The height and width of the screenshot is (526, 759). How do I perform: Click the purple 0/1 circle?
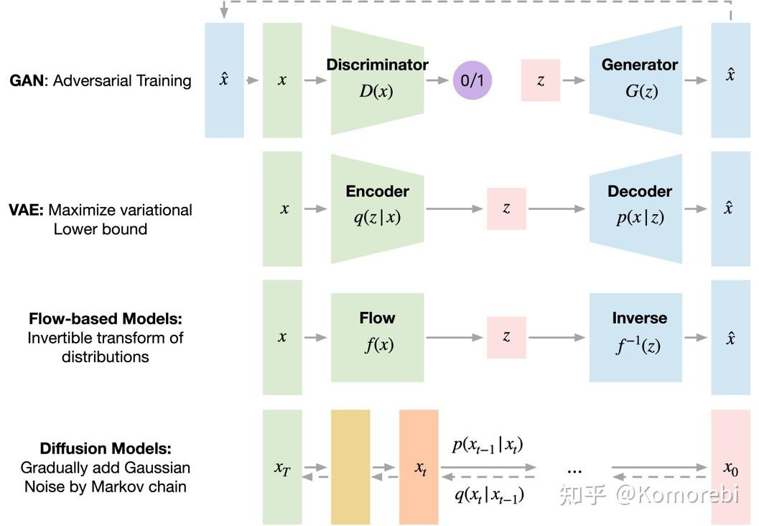pos(472,80)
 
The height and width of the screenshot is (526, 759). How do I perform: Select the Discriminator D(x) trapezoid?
pos(378,80)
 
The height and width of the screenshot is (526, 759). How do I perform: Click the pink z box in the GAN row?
pos(540,80)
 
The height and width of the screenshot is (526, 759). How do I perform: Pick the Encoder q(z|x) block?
pos(378,207)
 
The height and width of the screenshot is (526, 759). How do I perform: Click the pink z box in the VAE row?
pos(506,208)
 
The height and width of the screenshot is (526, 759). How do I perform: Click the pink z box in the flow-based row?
pos(506,336)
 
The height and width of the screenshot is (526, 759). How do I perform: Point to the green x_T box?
pos(282,467)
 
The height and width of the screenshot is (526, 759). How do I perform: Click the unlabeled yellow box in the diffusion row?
pos(350,467)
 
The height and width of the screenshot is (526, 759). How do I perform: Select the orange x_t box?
pos(419,467)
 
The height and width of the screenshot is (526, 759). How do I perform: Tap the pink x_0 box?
pos(730,467)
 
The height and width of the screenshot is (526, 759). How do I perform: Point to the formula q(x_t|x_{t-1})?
pos(488,494)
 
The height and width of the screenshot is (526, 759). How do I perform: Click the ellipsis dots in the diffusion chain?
pos(574,469)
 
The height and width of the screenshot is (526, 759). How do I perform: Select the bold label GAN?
pos(26,80)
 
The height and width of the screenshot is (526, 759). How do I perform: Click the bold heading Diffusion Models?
pos(106,449)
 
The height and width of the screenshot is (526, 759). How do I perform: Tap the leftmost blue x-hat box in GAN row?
pos(224,80)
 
